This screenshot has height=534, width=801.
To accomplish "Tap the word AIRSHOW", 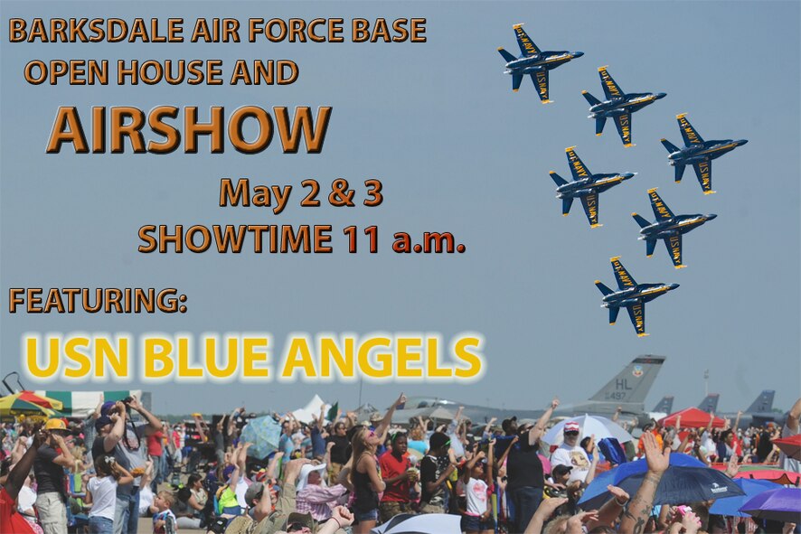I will coord(188,130).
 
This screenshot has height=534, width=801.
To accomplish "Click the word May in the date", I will coord(246,192).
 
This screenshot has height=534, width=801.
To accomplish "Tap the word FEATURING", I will coord(98,300).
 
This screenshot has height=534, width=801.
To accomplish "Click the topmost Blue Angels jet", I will coord(539,61).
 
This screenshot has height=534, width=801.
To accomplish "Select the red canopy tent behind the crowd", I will coord(693,417).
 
